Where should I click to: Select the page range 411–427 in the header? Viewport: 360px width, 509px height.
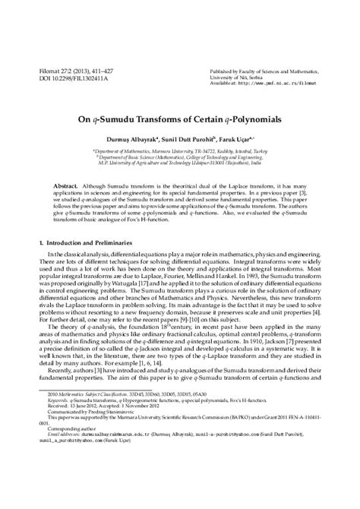(x=107, y=68)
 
